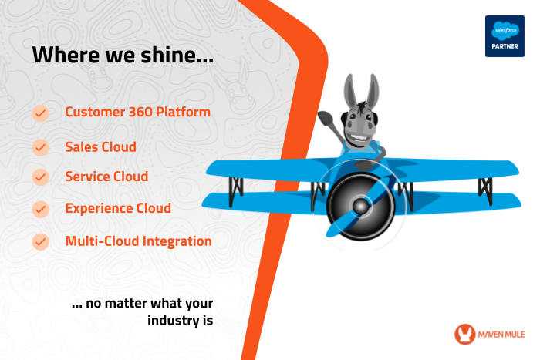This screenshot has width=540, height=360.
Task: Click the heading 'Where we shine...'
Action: tap(123, 55)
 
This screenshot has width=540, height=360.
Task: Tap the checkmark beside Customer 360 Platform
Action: tap(41, 113)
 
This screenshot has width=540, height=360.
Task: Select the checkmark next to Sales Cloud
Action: tap(41, 147)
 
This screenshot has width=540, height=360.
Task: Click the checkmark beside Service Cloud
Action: tap(41, 177)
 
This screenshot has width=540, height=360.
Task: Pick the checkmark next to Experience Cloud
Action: tap(41, 209)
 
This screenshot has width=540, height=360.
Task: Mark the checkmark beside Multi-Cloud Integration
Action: tap(41, 241)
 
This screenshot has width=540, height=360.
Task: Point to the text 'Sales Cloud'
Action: tap(100, 147)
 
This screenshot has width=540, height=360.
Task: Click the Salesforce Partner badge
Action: tap(505, 36)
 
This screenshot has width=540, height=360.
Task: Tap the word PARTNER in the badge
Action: tap(505, 46)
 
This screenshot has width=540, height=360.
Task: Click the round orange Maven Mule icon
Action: tap(464, 334)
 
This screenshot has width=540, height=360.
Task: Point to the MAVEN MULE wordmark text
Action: tap(501, 335)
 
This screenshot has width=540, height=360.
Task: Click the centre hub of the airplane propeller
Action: tap(360, 207)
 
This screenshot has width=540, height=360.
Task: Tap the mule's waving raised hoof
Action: tap(326, 119)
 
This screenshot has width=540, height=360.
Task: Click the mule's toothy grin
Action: tap(359, 139)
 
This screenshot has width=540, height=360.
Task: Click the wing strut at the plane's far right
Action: tap(485, 190)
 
